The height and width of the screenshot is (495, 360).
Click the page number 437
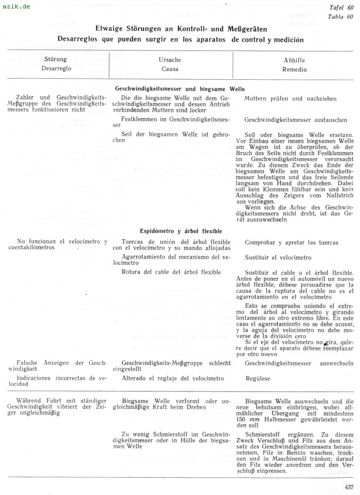click(x=349, y=487)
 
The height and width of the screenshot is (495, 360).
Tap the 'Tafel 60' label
click(x=342, y=8)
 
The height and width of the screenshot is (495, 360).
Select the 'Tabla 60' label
click(x=341, y=16)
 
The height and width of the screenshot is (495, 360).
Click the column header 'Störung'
click(x=55, y=60)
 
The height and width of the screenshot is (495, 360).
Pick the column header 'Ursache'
click(x=170, y=60)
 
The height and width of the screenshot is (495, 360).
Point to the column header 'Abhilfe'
click(x=294, y=60)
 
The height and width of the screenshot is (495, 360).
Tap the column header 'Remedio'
click(x=294, y=69)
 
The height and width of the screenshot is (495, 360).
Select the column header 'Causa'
click(x=170, y=69)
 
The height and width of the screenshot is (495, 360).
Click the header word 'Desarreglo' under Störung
click(x=55, y=69)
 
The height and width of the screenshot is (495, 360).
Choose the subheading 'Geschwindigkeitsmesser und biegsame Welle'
click(x=180, y=88)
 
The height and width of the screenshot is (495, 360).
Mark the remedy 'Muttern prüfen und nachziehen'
click(x=291, y=99)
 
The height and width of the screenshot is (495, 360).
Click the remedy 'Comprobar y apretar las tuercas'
click(x=292, y=243)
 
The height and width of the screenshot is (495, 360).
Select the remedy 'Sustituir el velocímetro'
click(x=278, y=257)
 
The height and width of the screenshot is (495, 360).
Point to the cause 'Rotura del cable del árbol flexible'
click(x=171, y=272)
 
